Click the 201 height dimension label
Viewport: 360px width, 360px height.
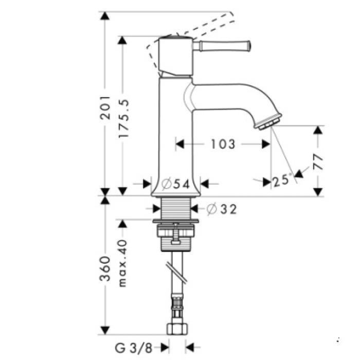(105, 107)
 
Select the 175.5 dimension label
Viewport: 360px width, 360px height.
(122, 119)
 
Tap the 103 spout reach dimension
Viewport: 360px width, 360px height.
(222, 144)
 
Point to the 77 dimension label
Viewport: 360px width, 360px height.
(318, 161)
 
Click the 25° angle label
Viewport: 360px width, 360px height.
(281, 181)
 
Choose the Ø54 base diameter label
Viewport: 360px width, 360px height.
(175, 184)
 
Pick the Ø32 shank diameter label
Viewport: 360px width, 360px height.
(222, 209)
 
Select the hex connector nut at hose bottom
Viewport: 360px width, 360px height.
(176, 329)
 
